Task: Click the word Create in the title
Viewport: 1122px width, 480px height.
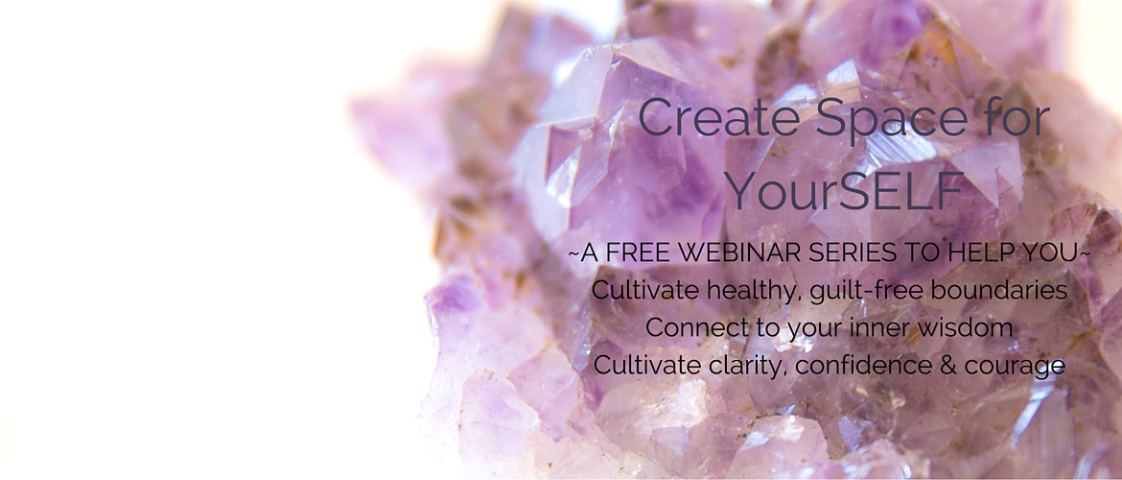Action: pyautogui.click(x=720, y=117)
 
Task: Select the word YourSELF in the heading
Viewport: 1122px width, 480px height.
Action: pyautogui.click(x=844, y=191)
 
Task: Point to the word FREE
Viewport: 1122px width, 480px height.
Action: pyautogui.click(x=636, y=252)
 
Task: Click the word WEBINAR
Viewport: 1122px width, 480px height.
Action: pyautogui.click(x=739, y=252)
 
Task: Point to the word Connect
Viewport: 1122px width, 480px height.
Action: pyautogui.click(x=691, y=328)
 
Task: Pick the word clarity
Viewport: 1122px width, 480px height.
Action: pyautogui.click(x=744, y=366)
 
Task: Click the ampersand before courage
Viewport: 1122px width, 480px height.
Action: pyautogui.click(x=948, y=365)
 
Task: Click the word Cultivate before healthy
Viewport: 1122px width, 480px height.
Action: pyautogui.click(x=644, y=290)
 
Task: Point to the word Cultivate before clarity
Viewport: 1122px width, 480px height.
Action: pyautogui.click(x=646, y=365)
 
